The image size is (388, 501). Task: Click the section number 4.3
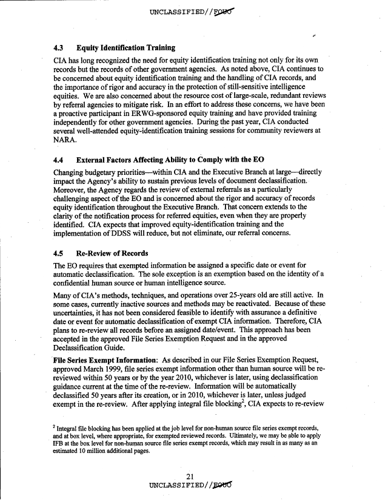pos(59,47)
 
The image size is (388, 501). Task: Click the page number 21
pos(193,475)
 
